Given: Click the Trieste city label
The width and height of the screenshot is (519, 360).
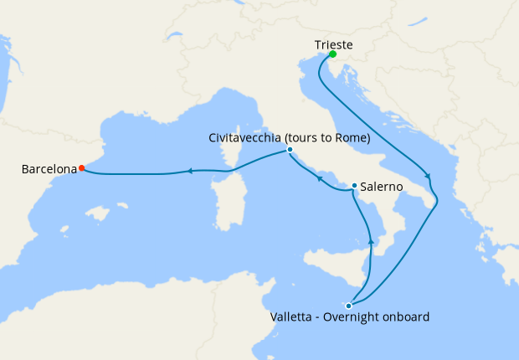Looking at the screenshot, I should coord(332,44).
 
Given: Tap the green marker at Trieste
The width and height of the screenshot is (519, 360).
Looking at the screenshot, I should coord(332,55).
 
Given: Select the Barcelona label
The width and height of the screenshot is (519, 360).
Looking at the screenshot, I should coord(49,169).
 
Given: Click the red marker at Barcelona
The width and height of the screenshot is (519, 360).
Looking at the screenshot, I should coord(81,168).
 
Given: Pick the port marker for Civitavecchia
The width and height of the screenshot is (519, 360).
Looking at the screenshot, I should coord(290,151).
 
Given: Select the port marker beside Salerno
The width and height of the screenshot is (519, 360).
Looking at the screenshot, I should coord(355,186).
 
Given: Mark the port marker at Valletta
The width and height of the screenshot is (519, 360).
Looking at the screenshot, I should coord(348,306).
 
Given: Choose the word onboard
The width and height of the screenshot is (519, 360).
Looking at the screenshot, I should coord(406,317).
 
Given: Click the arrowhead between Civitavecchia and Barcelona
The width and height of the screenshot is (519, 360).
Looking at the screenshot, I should coord(191,172).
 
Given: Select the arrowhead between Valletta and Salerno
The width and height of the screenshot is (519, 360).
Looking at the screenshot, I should coord(371,241).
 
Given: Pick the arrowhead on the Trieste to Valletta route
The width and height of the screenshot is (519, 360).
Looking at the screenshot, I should coord(429,176).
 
